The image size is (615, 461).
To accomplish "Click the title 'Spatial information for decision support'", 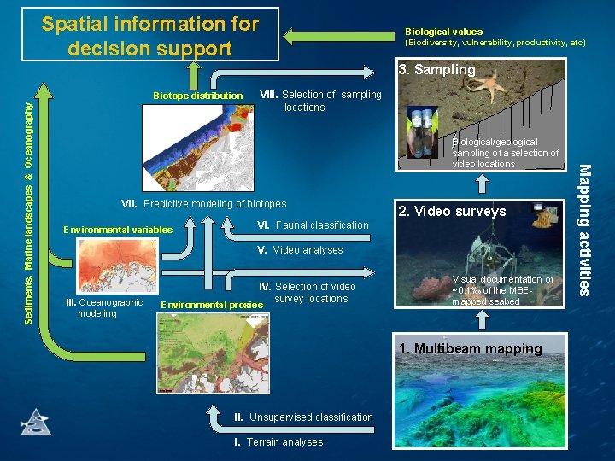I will click(x=150, y=36).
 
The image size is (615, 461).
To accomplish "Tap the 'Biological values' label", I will click(x=443, y=32).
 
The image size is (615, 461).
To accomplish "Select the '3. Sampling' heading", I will click(x=436, y=70).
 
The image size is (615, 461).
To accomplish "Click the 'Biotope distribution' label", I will click(x=197, y=96).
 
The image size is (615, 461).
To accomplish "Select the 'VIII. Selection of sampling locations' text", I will click(x=320, y=101).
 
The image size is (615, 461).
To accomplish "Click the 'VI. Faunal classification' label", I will click(x=313, y=225).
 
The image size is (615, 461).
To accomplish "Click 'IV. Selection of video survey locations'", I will click(x=308, y=293).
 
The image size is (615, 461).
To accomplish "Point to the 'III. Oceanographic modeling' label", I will click(x=104, y=308).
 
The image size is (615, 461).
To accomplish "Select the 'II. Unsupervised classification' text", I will click(x=303, y=417).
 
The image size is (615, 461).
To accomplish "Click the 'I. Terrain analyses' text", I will click(x=278, y=442).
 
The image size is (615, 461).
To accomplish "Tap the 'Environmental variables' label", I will click(x=118, y=230).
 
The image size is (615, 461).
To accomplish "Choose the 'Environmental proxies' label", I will click(x=211, y=305).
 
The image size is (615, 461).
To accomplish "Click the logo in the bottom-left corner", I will click(x=35, y=423).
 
